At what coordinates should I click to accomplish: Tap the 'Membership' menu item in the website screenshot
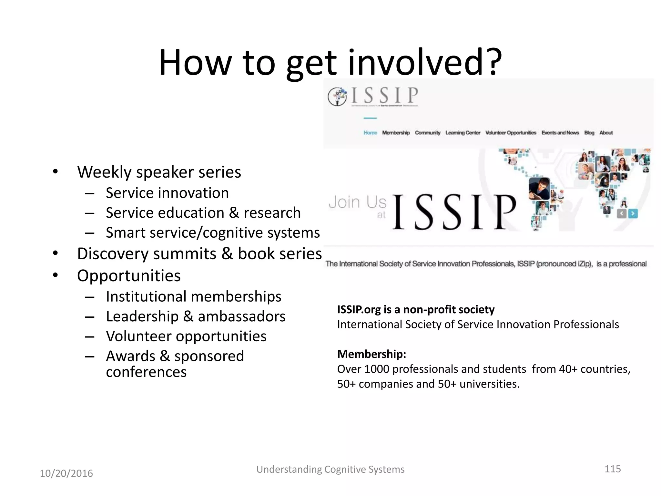(x=396, y=133)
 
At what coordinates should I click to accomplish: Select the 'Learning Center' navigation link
(x=463, y=133)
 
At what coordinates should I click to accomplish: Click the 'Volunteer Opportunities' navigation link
(x=511, y=133)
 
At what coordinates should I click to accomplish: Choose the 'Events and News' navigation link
(x=560, y=133)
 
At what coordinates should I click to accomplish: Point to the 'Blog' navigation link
(x=589, y=133)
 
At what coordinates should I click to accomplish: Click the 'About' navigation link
(x=606, y=133)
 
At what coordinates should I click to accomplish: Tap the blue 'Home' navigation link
(x=370, y=133)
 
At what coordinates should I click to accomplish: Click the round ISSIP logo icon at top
(x=337, y=97)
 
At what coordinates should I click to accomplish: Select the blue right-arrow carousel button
(x=633, y=213)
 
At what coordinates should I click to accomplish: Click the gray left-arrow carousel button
(x=622, y=213)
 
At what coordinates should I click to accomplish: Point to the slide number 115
(x=612, y=469)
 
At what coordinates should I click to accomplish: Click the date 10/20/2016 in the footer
(x=66, y=473)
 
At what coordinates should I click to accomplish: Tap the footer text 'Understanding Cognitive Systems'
(x=330, y=469)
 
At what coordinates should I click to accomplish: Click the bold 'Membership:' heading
(x=371, y=354)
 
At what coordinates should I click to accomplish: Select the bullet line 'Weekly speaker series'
(x=159, y=172)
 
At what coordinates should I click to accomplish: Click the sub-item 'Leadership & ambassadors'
(x=196, y=316)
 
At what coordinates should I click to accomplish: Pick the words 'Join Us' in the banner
(x=357, y=202)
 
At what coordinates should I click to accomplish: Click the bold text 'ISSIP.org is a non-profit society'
(x=416, y=310)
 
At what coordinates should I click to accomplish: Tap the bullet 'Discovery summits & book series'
(x=199, y=254)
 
